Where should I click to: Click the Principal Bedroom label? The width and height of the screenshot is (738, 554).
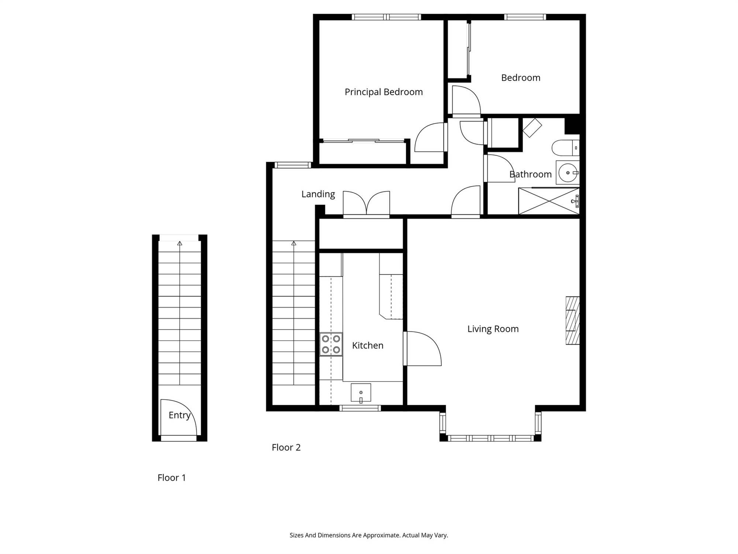pyautogui.click(x=384, y=92)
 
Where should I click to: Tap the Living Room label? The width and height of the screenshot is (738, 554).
pyautogui.click(x=493, y=329)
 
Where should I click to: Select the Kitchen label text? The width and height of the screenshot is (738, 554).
pyautogui.click(x=368, y=345)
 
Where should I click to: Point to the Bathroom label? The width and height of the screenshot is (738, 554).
pyautogui.click(x=530, y=174)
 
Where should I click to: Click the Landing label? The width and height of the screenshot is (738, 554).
pyautogui.click(x=318, y=194)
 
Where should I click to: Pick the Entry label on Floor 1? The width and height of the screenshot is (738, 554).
pyautogui.click(x=179, y=415)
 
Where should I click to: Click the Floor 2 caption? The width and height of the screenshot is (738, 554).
pyautogui.click(x=286, y=447)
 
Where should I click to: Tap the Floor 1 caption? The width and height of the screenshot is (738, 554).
pyautogui.click(x=172, y=478)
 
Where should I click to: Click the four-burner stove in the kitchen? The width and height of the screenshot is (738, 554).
pyautogui.click(x=331, y=344)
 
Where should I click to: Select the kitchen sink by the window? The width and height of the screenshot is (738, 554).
pyautogui.click(x=361, y=393)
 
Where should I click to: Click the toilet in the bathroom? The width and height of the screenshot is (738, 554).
pyautogui.click(x=566, y=148)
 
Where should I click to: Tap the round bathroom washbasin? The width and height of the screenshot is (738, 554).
pyautogui.click(x=568, y=172)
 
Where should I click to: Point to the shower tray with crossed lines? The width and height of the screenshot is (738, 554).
pyautogui.click(x=549, y=201)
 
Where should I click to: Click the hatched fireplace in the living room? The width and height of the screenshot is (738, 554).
pyautogui.click(x=573, y=321)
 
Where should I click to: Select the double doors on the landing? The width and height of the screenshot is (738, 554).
pyautogui.click(x=366, y=204)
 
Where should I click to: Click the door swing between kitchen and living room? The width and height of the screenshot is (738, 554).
pyautogui.click(x=422, y=349)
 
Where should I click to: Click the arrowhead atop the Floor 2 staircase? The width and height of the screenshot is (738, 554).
pyautogui.click(x=294, y=243)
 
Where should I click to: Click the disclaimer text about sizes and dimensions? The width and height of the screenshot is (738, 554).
pyautogui.click(x=369, y=535)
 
